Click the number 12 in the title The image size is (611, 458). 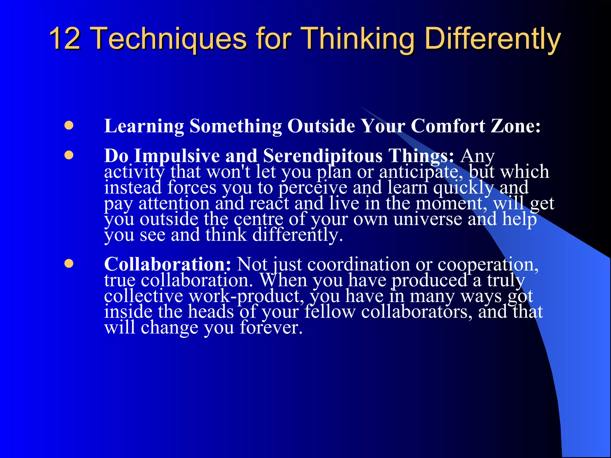pyautogui.click(x=65, y=38)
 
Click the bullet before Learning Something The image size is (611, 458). pyautogui.click(x=69, y=126)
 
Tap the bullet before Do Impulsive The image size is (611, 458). pyautogui.click(x=69, y=155)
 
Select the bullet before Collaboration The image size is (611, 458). pyautogui.click(x=69, y=264)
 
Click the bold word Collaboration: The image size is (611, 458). pyautogui.click(x=167, y=264)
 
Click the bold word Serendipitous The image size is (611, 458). pyautogui.click(x=323, y=156)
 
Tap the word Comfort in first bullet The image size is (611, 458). pyautogui.click(x=448, y=126)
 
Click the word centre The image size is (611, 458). pyautogui.click(x=258, y=219)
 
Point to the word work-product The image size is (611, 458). pyautogui.click(x=246, y=296)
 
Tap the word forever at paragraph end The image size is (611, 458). pyautogui.click(x=271, y=327)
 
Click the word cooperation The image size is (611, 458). pyautogui.click(x=488, y=264)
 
